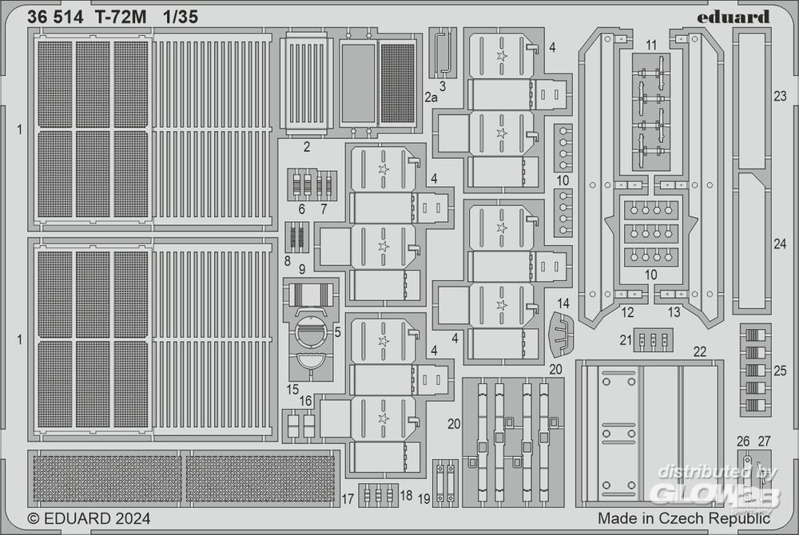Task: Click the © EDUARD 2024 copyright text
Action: [89, 517]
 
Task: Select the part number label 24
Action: [780, 244]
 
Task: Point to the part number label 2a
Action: [431, 97]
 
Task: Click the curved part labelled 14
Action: [561, 334]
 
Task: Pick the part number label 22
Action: [700, 351]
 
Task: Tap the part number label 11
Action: [651, 45]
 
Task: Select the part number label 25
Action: [780, 369]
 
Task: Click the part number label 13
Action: [674, 312]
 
